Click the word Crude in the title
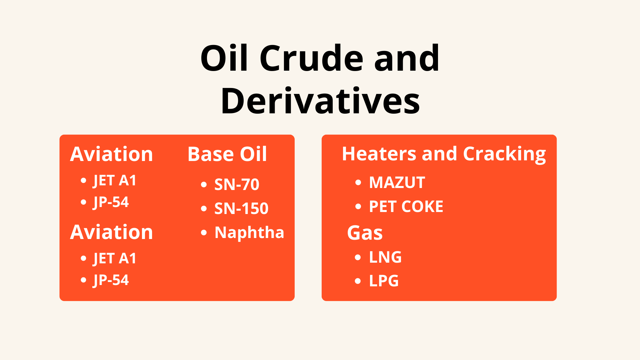click(311, 58)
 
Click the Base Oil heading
click(227, 154)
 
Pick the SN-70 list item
click(237, 184)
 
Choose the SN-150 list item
click(241, 208)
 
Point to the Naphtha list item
click(249, 232)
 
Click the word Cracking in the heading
click(504, 154)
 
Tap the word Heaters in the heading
click(379, 154)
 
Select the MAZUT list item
click(397, 183)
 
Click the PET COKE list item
click(406, 207)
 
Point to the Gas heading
click(365, 233)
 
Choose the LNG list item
click(385, 257)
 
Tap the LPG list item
click(384, 281)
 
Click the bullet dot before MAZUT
click(358, 183)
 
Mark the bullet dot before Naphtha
click(204, 233)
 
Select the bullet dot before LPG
click(358, 281)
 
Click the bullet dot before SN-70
click(204, 185)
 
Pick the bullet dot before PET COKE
click(358, 207)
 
